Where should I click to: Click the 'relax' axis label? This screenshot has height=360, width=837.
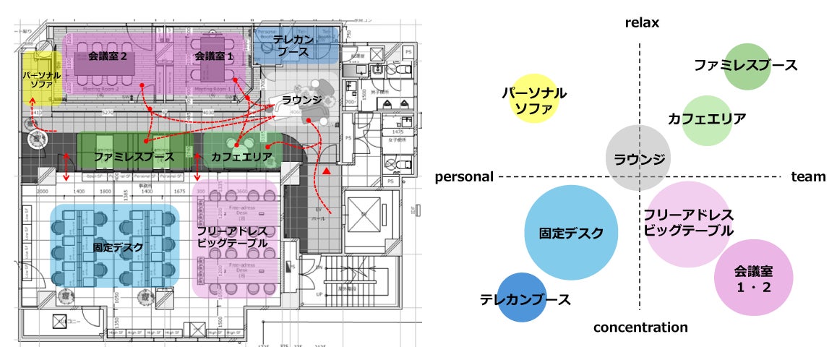643,23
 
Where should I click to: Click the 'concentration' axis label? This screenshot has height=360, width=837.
640,327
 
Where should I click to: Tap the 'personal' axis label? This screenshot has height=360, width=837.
464,176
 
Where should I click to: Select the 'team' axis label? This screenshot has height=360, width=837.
808,176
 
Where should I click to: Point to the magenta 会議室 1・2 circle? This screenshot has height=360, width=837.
754,278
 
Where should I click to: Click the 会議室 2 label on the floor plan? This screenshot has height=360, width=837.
108,55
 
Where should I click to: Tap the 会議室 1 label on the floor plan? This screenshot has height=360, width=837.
215,55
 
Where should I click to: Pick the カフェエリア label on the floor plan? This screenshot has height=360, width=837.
241,156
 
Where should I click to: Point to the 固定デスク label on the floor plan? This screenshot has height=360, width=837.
118,247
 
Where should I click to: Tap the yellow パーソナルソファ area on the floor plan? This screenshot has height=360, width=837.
40,80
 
